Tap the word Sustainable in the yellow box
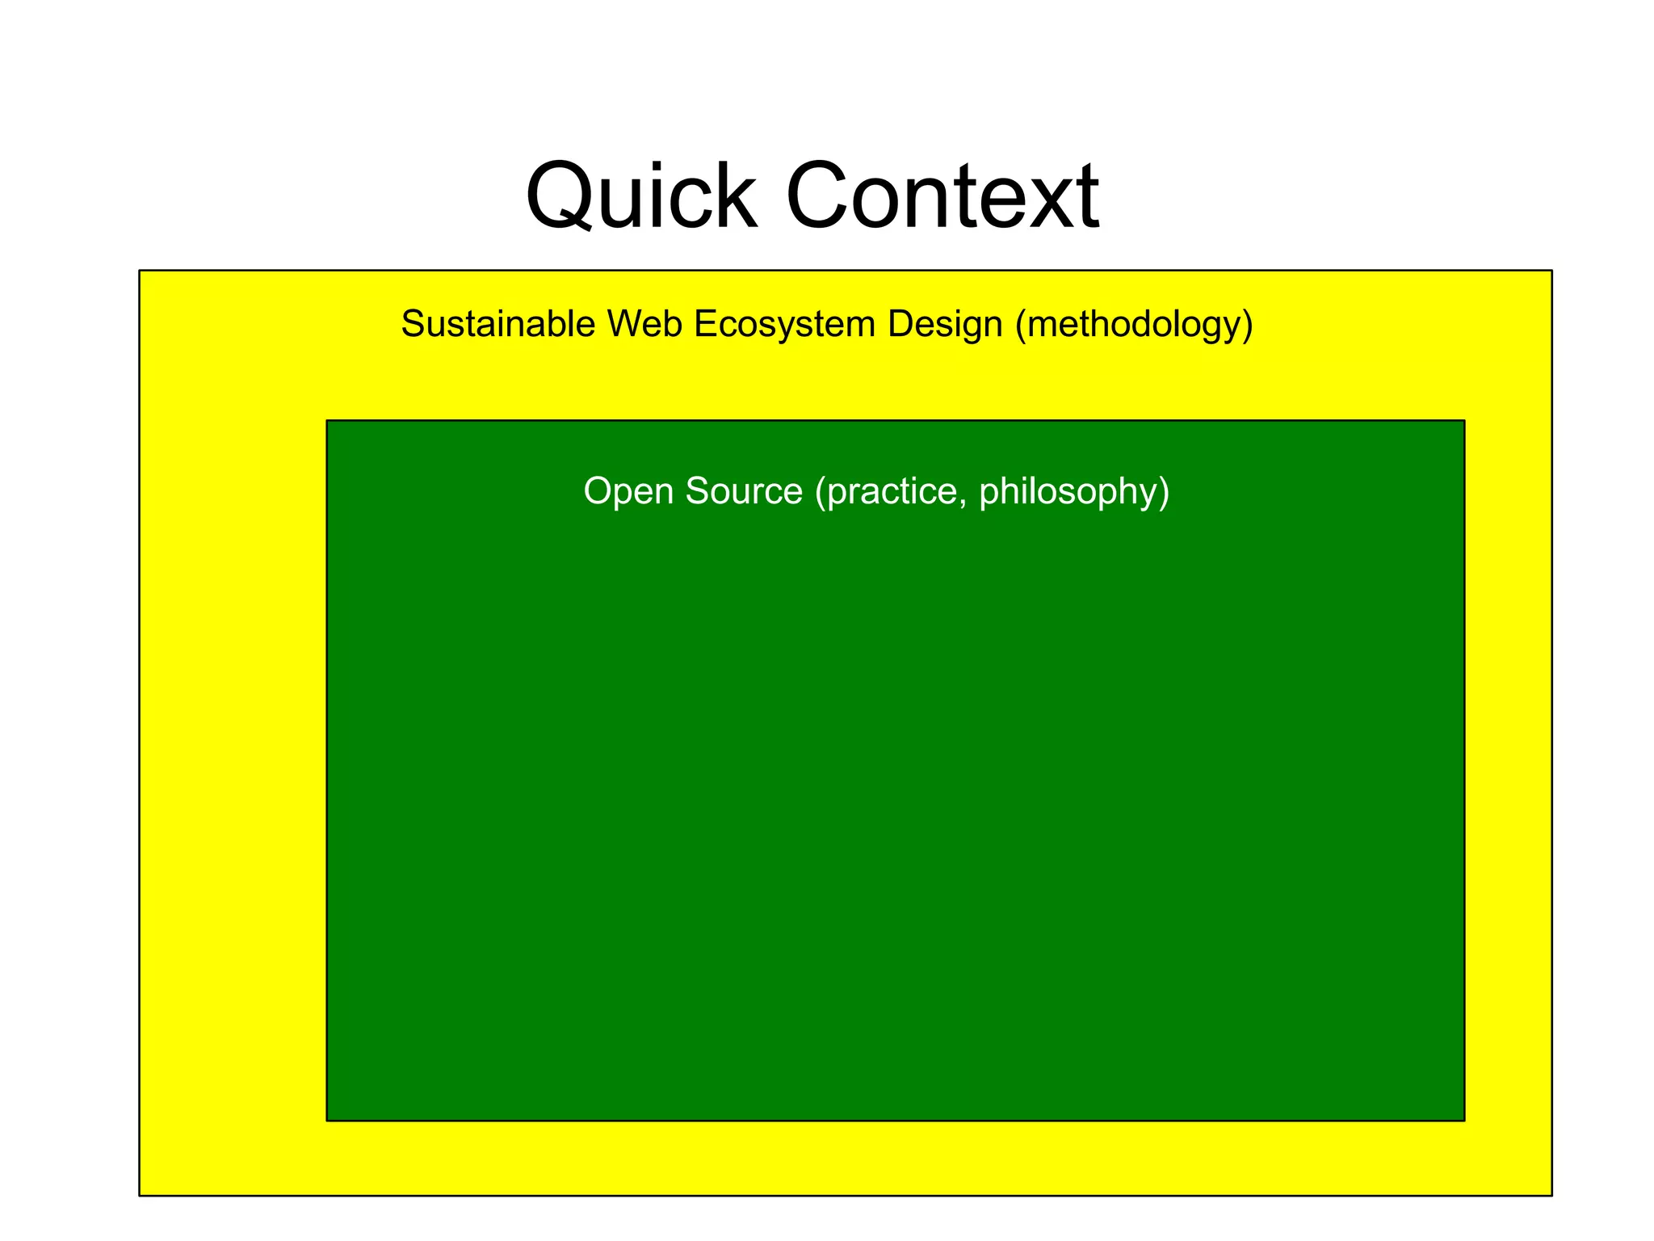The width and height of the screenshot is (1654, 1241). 497,324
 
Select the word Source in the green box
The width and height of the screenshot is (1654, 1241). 744,491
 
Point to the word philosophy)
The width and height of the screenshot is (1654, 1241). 1074,491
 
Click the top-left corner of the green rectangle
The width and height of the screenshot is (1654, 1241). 327,421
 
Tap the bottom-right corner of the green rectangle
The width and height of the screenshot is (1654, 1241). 1464,1121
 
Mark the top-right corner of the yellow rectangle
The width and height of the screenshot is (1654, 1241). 1551,271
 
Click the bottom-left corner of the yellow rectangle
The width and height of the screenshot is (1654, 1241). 140,1195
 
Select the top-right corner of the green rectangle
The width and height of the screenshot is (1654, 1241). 1464,421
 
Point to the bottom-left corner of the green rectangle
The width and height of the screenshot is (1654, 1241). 327,1121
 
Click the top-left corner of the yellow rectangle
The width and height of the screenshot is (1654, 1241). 140,271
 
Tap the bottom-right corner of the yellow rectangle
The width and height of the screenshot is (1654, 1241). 1551,1195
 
